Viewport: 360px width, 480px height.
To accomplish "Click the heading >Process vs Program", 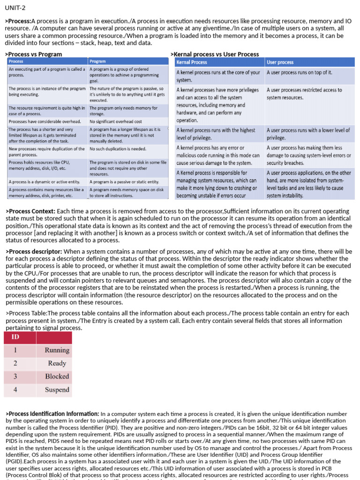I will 33,54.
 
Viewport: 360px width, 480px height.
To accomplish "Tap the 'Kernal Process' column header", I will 192,62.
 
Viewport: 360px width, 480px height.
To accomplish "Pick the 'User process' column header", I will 280,62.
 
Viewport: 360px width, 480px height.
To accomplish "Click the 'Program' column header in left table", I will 97,61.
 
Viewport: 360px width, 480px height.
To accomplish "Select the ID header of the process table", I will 15,337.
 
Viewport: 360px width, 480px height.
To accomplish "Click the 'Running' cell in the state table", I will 57,350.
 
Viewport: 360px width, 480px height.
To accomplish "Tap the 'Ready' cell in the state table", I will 57,363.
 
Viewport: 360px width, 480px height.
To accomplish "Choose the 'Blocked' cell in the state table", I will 57,376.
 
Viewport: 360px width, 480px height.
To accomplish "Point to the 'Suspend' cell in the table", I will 57,390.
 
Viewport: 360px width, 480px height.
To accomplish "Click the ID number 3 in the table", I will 15,376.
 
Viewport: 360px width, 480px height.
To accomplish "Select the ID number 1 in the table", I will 15,350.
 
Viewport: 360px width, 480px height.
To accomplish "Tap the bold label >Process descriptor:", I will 33,252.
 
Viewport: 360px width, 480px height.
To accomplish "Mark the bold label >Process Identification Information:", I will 52,414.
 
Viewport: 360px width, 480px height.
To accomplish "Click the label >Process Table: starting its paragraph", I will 26,314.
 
